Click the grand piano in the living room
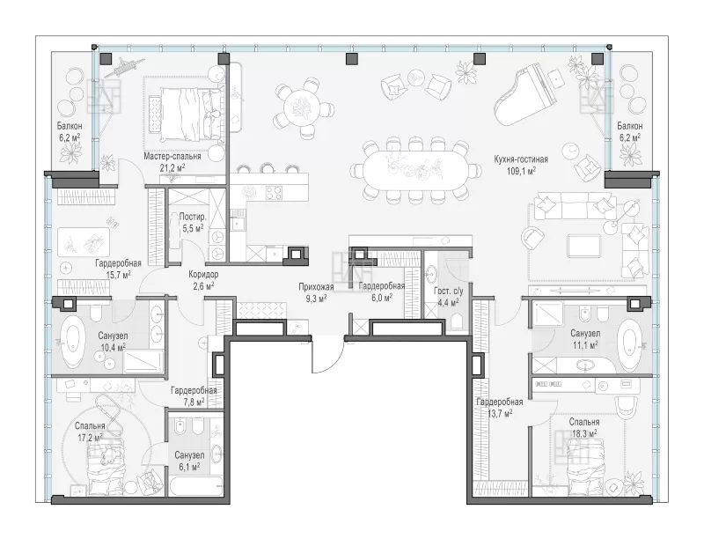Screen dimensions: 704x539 coord(523,98)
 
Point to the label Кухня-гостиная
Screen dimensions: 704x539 coord(521,159)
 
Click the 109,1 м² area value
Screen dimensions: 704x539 coord(521,171)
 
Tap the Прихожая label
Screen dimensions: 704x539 coord(317,286)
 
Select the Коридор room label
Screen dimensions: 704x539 coord(203,275)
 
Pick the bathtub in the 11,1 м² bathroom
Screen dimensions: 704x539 coord(630,343)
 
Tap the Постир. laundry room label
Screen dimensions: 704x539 coord(193,217)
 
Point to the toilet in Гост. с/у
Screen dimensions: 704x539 coord(457,321)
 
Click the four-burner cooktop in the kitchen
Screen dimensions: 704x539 coord(274,193)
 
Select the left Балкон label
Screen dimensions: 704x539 coord(70,126)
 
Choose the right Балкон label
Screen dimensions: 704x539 coord(629,126)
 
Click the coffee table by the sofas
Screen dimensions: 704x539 coord(583,246)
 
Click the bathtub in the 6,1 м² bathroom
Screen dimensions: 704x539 coord(196,486)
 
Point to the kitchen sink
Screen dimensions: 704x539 coord(238,221)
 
